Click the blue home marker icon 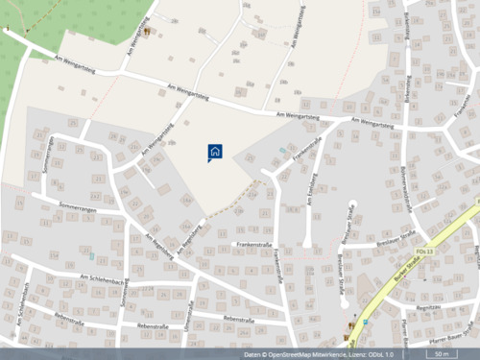click(x=215, y=152)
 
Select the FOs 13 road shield click(x=429, y=252)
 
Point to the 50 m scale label click(x=441, y=354)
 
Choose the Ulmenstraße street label click(x=189, y=314)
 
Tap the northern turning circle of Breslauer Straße click(x=352, y=205)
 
